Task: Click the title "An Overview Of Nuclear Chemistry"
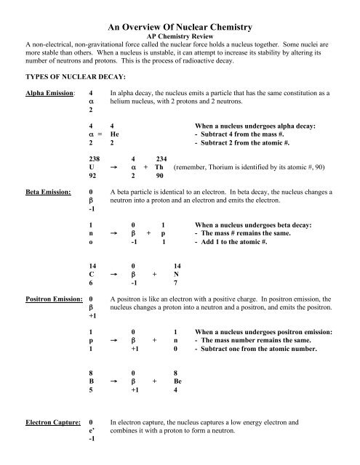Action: click(179, 27)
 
